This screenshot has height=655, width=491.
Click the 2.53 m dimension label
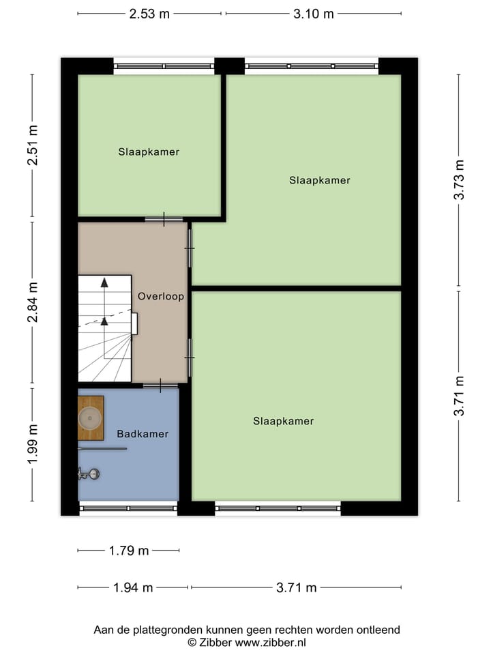tap(149, 14)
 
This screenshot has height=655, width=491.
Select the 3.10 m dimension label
tap(314, 14)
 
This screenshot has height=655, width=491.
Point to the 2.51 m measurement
tap(32, 147)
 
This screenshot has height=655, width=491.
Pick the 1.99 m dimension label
tap(32, 444)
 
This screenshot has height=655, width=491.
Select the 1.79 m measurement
tap(128, 551)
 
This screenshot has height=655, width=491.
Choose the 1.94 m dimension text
tap(132, 587)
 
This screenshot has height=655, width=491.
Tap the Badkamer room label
tap(142, 434)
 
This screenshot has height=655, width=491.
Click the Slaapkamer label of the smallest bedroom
tap(148, 152)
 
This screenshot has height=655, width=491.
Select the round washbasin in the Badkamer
tap(90, 417)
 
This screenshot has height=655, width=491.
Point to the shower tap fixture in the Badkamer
tap(89, 472)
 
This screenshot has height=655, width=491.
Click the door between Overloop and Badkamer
tap(161, 385)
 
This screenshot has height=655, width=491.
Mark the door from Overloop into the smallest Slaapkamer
tap(164, 219)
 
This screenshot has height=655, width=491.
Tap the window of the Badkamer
tap(128, 507)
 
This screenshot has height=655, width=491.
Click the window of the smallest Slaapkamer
tap(164, 66)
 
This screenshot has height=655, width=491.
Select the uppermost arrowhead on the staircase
tap(104, 281)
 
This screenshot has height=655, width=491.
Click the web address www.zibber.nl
tap(270, 642)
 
